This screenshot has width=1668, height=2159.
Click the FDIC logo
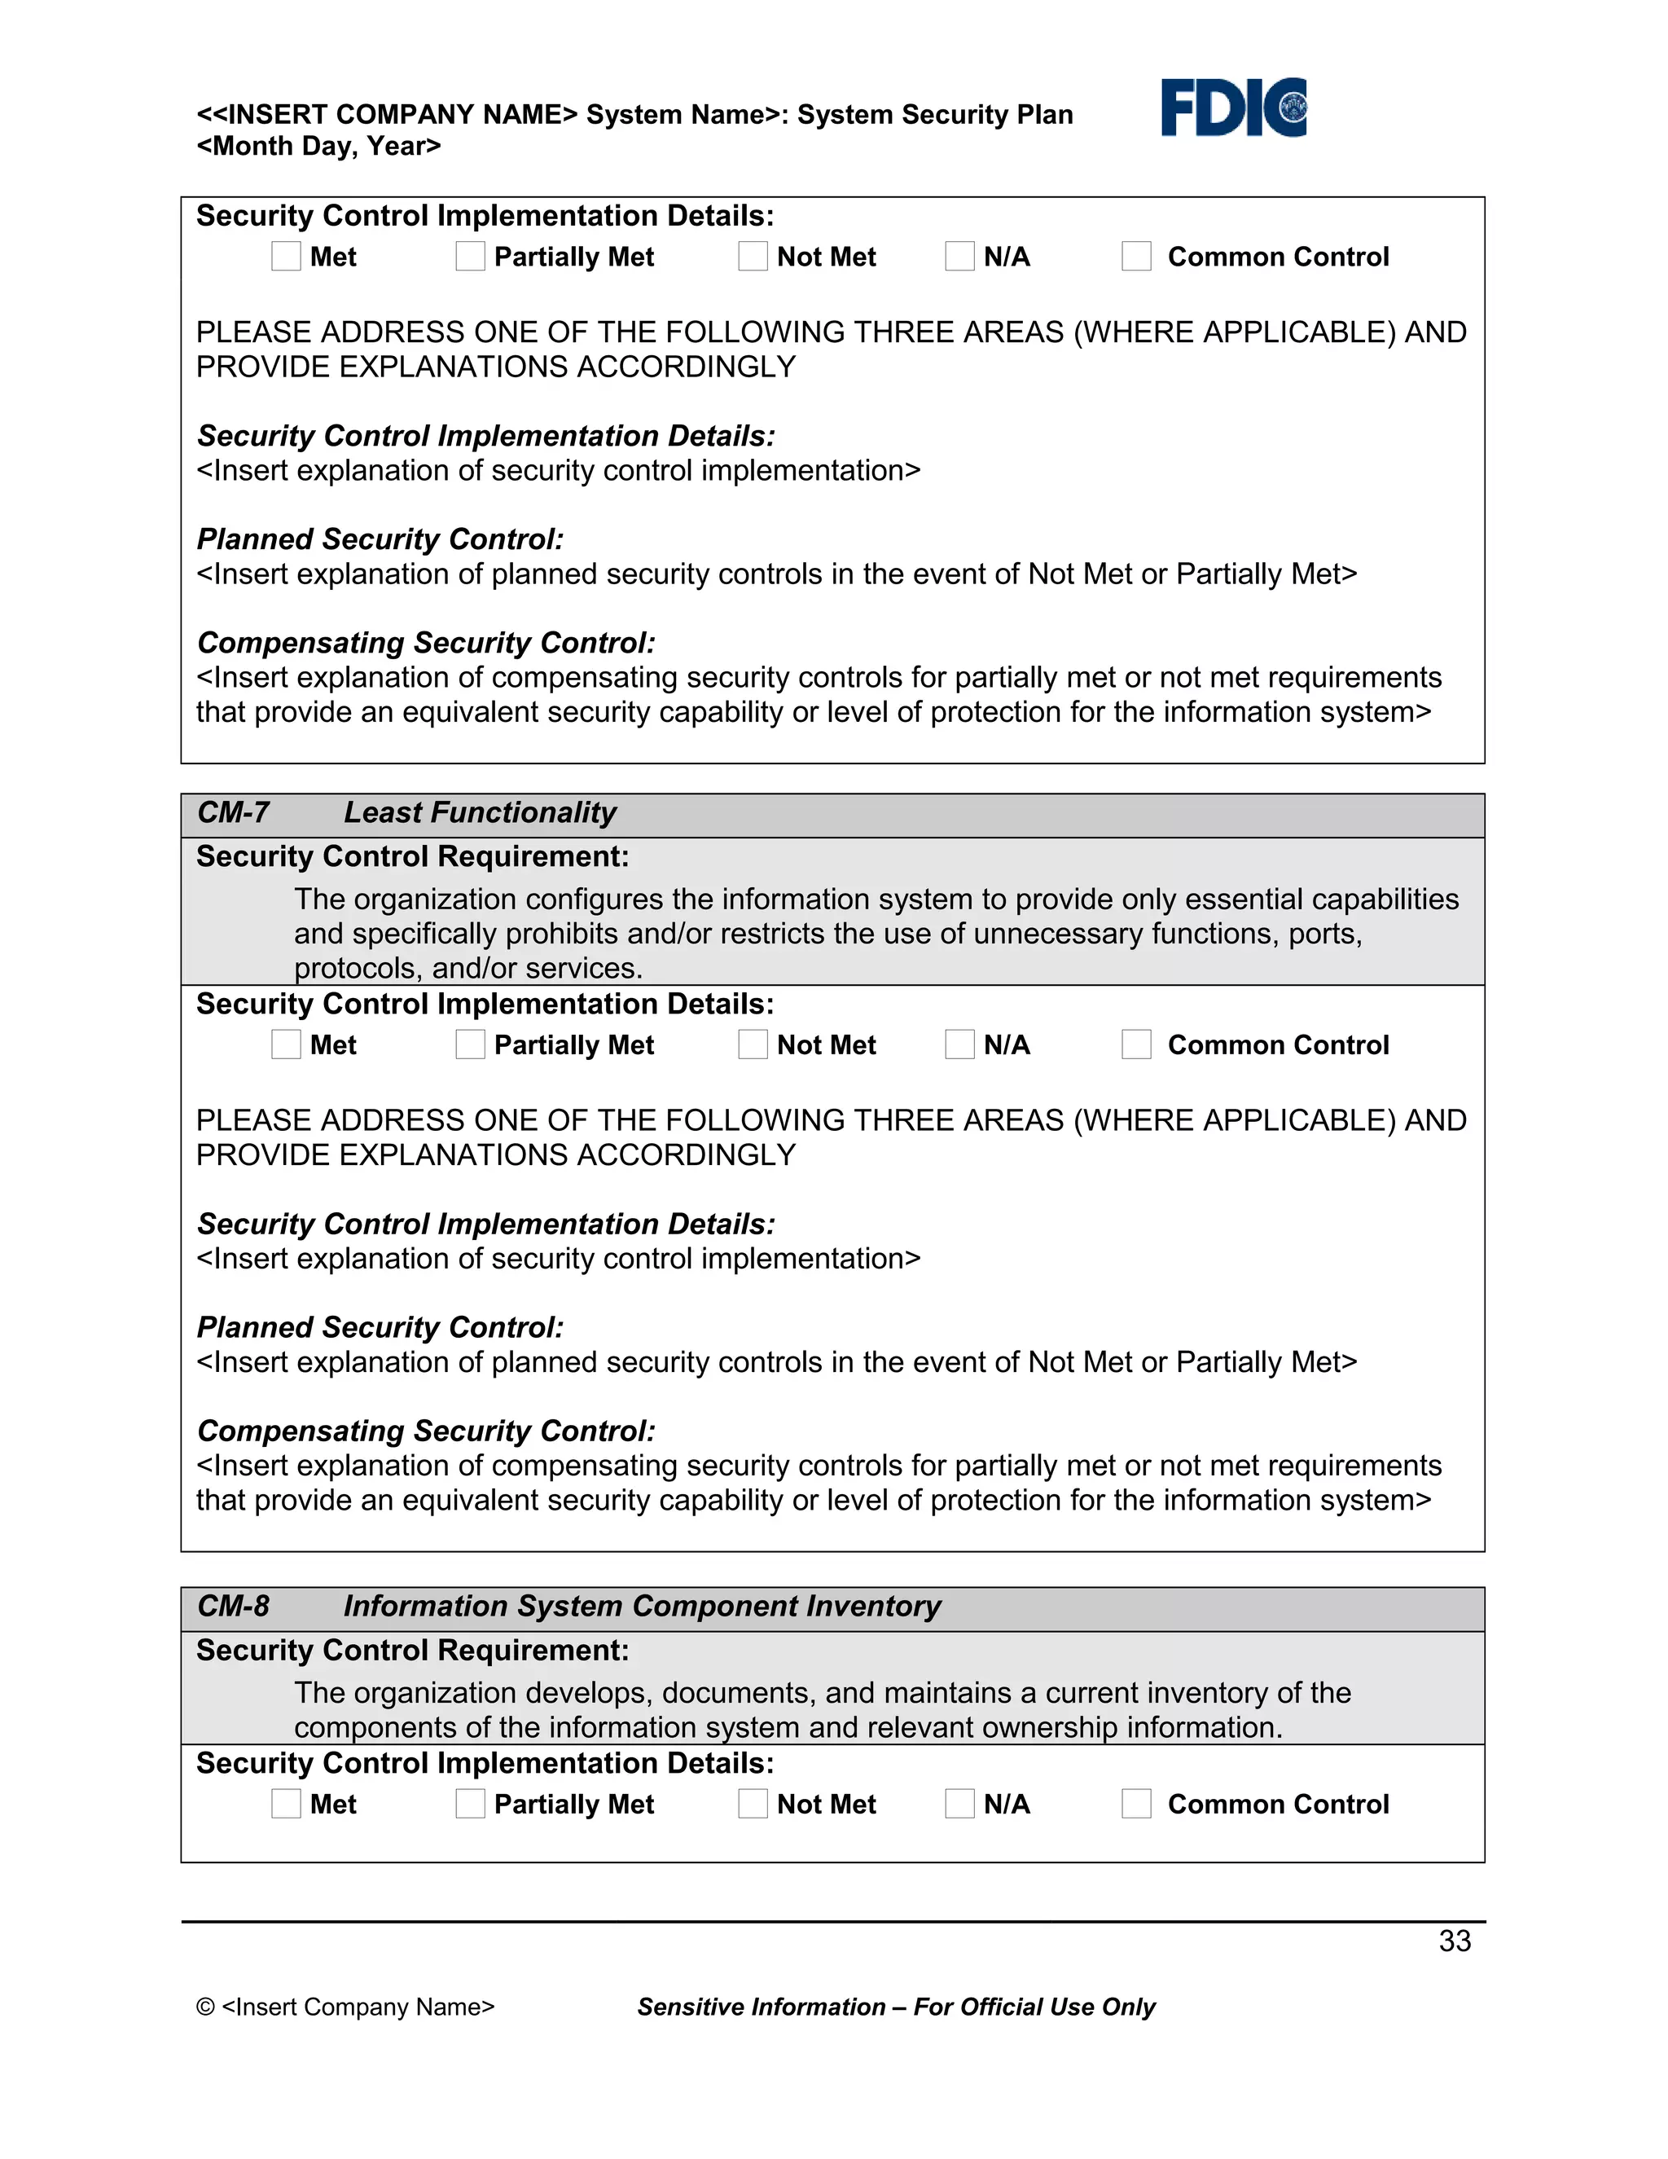(1233, 107)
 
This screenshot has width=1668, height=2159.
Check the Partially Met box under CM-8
(471, 1803)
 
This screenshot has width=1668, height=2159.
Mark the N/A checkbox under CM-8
(959, 1803)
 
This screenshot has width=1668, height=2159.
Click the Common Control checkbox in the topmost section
(1136, 256)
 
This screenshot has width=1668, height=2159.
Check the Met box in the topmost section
(286, 256)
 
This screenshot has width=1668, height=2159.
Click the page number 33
(1455, 1941)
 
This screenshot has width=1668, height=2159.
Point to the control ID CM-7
(233, 812)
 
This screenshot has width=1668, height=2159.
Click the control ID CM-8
(233, 1607)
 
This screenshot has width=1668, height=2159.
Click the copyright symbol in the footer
(205, 2007)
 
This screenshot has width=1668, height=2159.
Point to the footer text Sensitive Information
(761, 2007)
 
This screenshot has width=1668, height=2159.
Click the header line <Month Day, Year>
(318, 147)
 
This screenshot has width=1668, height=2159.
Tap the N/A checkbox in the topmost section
(959, 256)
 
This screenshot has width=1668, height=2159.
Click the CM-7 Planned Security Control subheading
(380, 1328)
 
